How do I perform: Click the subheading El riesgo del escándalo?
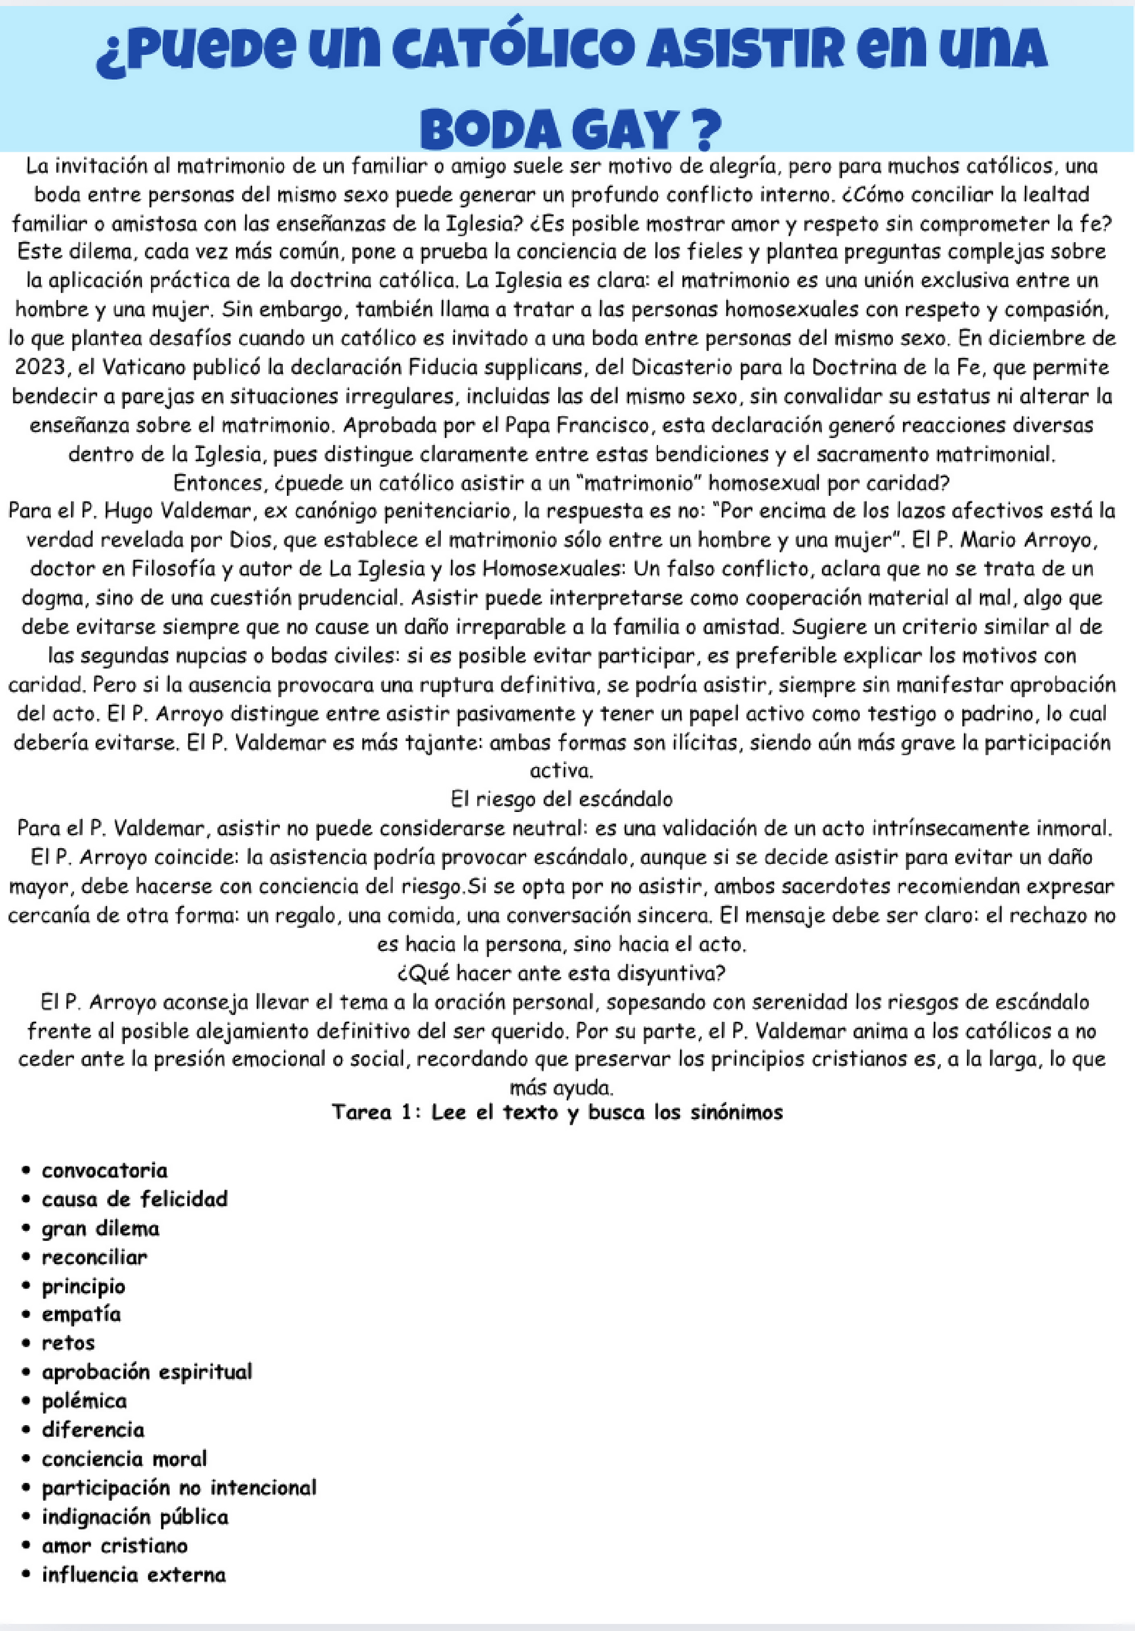coord(561,799)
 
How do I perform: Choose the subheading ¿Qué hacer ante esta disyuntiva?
coord(561,972)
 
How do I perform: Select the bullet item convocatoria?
coord(104,1170)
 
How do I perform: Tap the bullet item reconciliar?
coord(94,1256)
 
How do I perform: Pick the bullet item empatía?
coord(81,1314)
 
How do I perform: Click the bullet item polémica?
coord(84,1401)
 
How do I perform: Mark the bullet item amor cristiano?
coord(114,1545)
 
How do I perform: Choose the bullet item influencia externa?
coord(134,1574)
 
